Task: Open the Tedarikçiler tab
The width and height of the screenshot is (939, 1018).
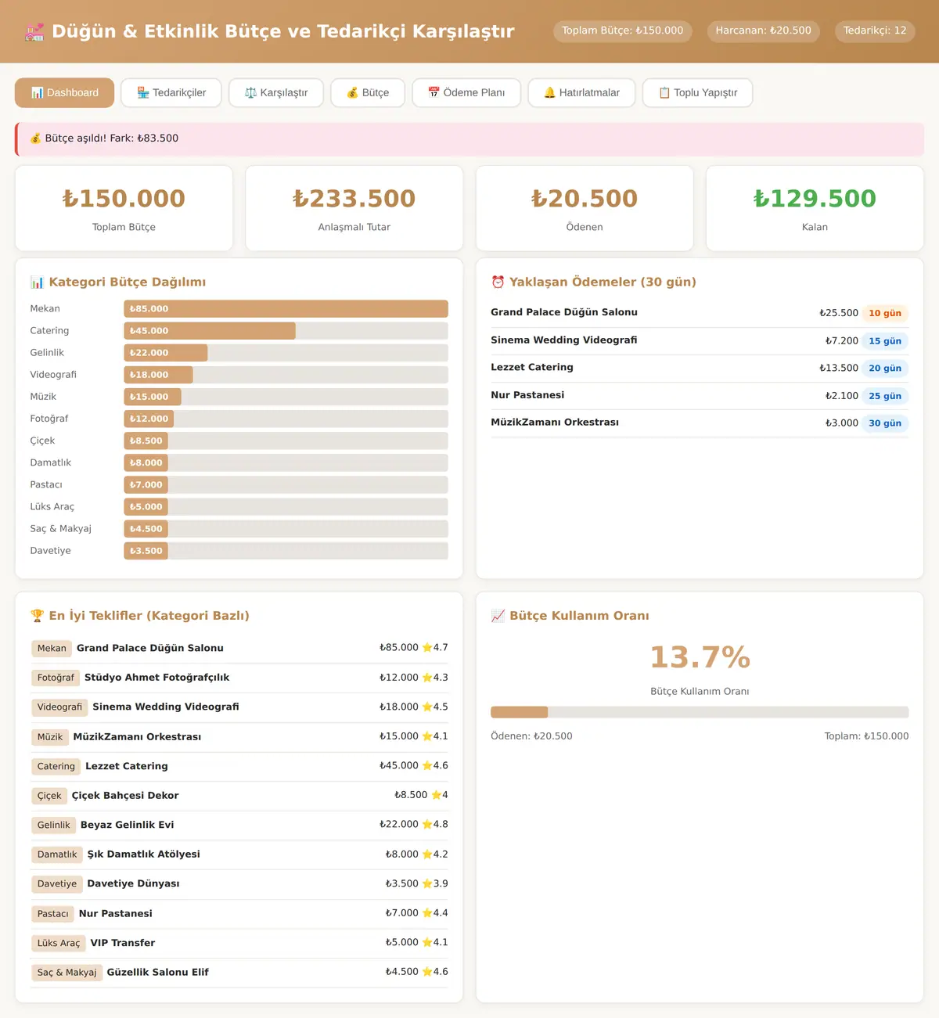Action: [171, 93]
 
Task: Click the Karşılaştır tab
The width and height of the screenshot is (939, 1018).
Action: [276, 93]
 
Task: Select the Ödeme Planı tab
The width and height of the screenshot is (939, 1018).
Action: [466, 93]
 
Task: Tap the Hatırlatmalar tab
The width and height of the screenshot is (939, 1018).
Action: [581, 93]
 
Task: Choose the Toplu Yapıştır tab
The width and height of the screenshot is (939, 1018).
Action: [697, 93]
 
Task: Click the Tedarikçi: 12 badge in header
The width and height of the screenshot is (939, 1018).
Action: [874, 31]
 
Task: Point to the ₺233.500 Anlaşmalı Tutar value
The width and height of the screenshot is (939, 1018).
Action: [354, 199]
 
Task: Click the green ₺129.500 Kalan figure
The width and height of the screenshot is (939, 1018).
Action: [815, 199]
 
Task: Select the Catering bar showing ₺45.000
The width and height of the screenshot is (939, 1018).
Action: [209, 331]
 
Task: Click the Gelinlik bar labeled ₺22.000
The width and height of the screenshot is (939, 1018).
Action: [166, 353]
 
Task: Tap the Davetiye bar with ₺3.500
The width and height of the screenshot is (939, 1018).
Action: [146, 551]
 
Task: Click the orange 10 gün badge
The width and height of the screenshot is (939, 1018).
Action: [885, 313]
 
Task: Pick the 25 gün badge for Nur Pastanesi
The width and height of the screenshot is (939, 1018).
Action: [885, 396]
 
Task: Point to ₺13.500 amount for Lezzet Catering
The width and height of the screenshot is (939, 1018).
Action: [839, 368]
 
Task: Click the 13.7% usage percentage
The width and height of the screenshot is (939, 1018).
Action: [700, 657]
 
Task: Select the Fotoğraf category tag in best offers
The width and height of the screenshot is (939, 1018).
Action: [56, 678]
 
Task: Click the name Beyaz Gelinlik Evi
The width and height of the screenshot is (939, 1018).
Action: [128, 825]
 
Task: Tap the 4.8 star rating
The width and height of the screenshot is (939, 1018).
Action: [435, 824]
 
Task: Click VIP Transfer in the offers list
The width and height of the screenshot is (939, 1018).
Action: [123, 943]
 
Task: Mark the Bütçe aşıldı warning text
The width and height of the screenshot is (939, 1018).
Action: [111, 138]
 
